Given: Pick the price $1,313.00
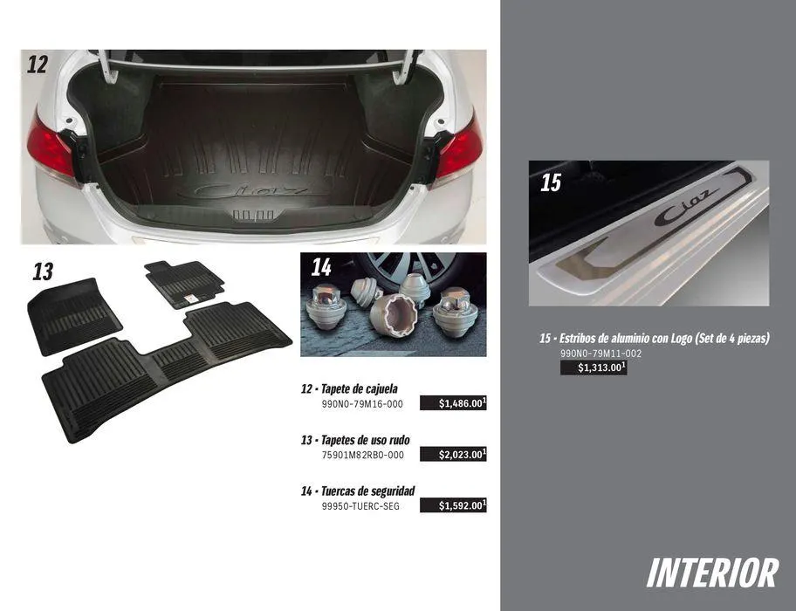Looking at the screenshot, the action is tap(594, 368).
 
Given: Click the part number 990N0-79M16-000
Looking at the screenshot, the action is tap(362, 404).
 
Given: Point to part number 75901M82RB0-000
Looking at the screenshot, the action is tap(362, 456).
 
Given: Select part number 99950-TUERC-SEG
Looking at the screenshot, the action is tap(360, 506).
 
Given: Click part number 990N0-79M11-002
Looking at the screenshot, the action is tap(600, 354).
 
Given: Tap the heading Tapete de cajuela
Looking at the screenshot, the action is tap(360, 389).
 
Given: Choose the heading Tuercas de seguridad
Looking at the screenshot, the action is tap(368, 491).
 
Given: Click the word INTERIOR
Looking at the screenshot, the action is tap(713, 573).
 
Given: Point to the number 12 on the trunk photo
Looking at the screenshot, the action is tap(38, 65).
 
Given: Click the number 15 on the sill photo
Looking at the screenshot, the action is tap(551, 182).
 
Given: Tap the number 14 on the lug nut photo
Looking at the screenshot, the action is tap(321, 267).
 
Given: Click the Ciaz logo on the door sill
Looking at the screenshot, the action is tap(687, 207).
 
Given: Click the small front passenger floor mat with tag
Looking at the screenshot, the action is tap(184, 284).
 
